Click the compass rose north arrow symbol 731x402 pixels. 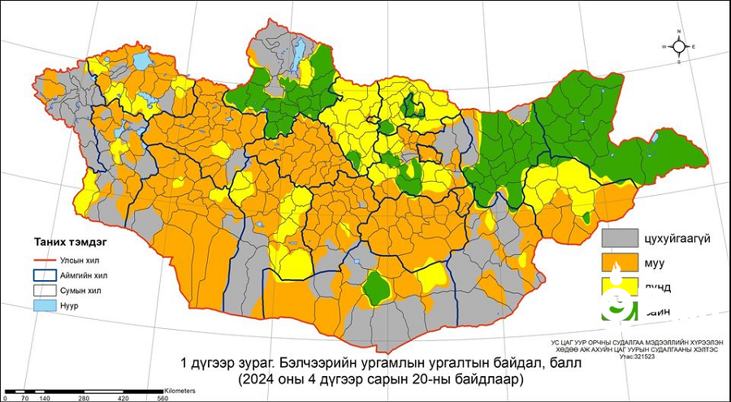681,46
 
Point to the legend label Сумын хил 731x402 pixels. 80,290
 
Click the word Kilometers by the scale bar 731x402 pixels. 180,391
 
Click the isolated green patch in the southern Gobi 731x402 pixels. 374,286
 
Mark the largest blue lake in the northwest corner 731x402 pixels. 143,61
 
